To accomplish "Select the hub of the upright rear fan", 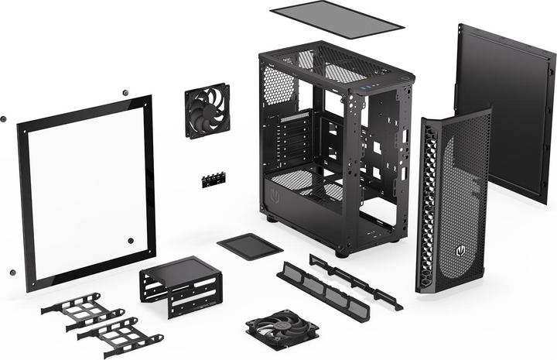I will (x=207, y=110).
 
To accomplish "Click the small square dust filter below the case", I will (x=250, y=246).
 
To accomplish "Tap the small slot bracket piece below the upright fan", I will (x=213, y=180).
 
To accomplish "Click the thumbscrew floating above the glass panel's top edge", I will (x=125, y=94).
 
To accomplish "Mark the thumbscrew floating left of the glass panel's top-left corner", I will (x=4, y=119).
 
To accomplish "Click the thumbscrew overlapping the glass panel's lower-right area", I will (x=129, y=241).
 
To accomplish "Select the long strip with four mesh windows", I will (x=323, y=291).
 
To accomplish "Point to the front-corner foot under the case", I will (x=341, y=252).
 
